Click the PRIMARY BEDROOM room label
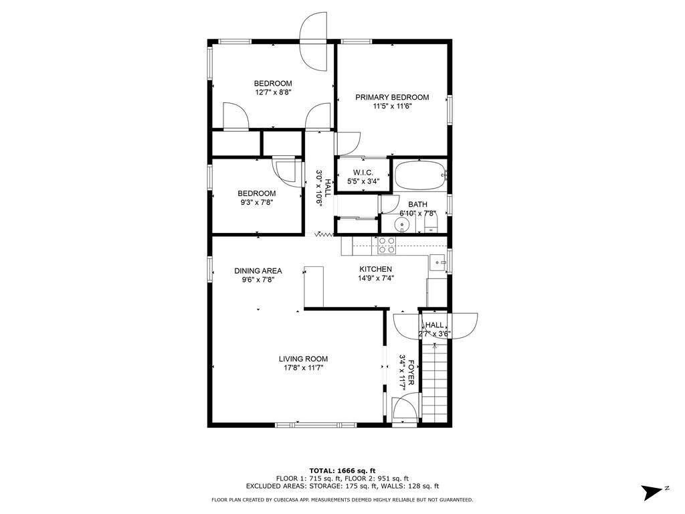click(x=392, y=97)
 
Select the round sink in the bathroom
click(x=400, y=224)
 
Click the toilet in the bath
click(x=431, y=221)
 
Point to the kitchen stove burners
click(x=387, y=246)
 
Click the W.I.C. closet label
click(x=363, y=173)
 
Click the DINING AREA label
click(x=258, y=271)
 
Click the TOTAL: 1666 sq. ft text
click(x=342, y=470)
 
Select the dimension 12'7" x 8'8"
click(x=273, y=92)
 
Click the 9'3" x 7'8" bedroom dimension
click(x=257, y=202)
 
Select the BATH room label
click(x=418, y=205)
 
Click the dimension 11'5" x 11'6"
click(x=392, y=106)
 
